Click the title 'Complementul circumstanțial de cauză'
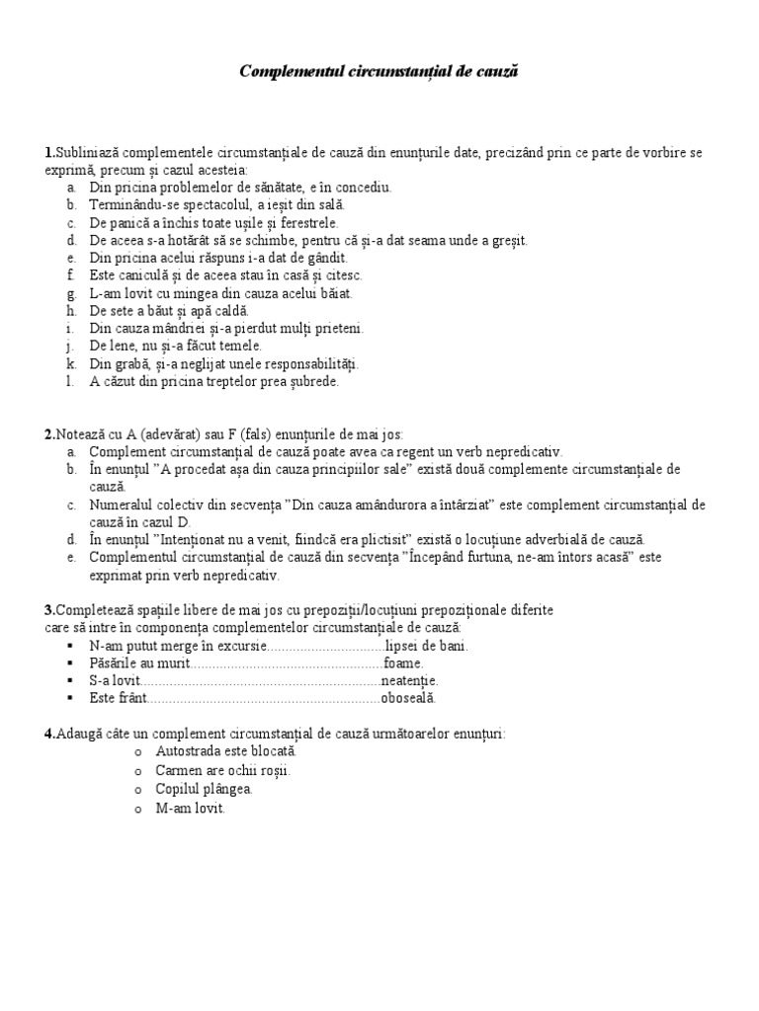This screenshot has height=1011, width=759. [x=379, y=72]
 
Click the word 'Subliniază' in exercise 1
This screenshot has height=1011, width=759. [x=86, y=153]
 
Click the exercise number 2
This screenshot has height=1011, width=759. [x=48, y=433]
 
